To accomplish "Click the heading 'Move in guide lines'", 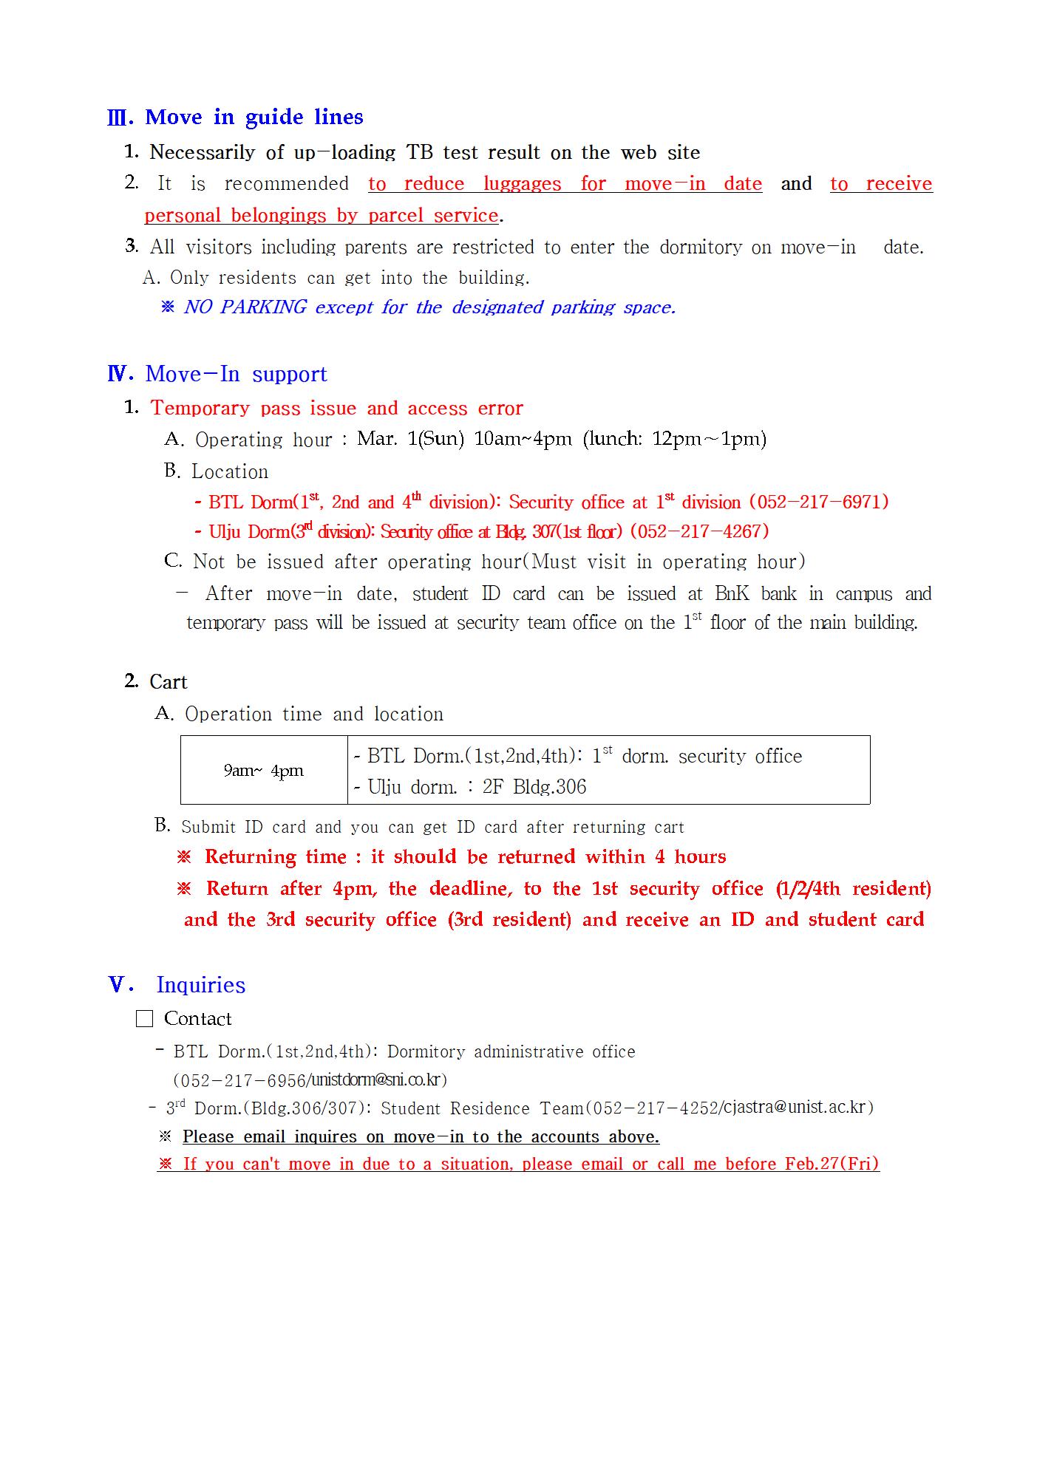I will coord(254,117).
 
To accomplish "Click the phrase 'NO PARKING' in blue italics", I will coord(245,307).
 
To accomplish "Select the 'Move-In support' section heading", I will coord(236,374).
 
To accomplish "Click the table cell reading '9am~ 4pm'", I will coord(264,771).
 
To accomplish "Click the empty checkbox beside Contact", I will coord(145,1019).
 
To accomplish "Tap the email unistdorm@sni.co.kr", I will coord(375,1080).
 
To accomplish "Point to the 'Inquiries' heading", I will coord(200,985).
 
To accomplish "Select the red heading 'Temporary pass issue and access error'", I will coord(336,408).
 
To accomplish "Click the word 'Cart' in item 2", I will coord(169,682).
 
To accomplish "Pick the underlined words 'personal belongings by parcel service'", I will coord(322,216).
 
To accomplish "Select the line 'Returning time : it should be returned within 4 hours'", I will coord(465,857).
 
